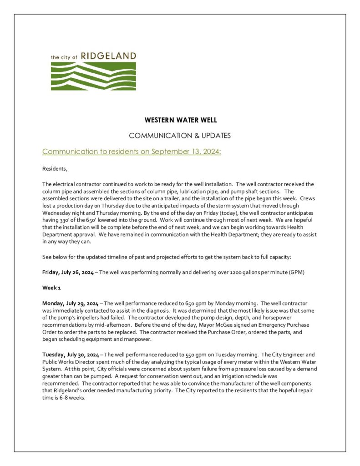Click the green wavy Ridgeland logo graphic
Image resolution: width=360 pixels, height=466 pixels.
click(x=93, y=75)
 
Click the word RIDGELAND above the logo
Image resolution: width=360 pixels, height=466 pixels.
click(x=110, y=56)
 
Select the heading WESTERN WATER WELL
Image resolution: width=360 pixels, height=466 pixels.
click(x=180, y=121)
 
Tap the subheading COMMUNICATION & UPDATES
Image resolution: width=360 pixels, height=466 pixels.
click(x=180, y=136)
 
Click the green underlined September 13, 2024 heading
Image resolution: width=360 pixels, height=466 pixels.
click(x=132, y=152)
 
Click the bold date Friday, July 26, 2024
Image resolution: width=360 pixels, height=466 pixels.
click(x=68, y=273)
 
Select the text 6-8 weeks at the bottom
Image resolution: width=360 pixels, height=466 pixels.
click(x=71, y=397)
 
